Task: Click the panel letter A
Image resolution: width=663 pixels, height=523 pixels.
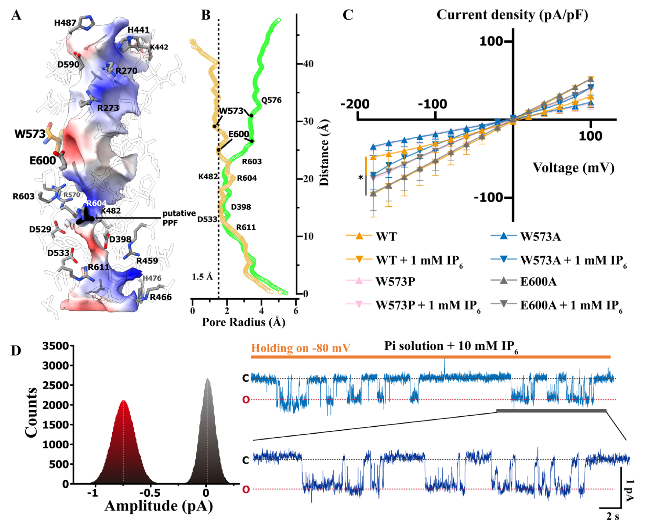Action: [x=16, y=15]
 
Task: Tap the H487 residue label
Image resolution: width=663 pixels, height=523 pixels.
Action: [x=65, y=23]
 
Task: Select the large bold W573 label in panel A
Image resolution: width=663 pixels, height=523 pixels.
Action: [x=30, y=134]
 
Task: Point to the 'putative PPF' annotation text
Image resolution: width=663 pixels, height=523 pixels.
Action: [x=179, y=218]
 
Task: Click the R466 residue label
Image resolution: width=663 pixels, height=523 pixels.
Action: [x=161, y=297]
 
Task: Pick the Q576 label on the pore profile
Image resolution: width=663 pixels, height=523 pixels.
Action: [x=271, y=100]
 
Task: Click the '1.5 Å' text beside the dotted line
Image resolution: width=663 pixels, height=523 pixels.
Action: [x=202, y=277]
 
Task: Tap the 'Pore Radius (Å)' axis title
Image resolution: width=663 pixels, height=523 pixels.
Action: [x=243, y=322]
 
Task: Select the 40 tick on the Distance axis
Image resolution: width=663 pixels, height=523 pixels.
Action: [x=308, y=64]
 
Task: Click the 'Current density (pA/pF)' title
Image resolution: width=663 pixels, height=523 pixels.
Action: [x=512, y=15]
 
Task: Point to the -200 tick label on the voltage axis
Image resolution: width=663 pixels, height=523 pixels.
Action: [x=355, y=104]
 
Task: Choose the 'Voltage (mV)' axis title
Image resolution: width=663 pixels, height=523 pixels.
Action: [x=573, y=168]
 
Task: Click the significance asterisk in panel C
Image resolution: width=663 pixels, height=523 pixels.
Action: [x=361, y=178]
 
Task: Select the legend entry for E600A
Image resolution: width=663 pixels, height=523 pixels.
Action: [x=538, y=282]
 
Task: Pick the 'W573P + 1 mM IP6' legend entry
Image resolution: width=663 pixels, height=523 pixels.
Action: [x=428, y=306]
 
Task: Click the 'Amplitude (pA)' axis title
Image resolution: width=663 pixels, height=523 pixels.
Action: [x=159, y=506]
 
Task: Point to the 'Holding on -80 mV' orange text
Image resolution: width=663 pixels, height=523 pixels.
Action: [x=301, y=348]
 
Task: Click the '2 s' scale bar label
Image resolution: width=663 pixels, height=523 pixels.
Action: [x=612, y=516]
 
